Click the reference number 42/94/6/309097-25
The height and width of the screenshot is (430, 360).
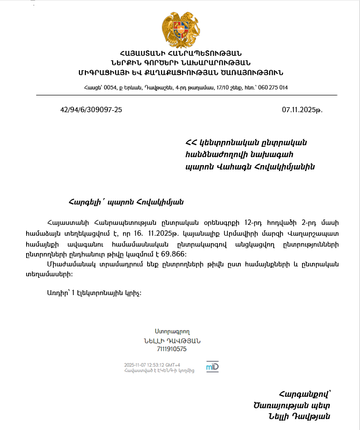[x=91, y=110]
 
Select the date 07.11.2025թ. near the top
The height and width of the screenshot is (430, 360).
[x=302, y=110]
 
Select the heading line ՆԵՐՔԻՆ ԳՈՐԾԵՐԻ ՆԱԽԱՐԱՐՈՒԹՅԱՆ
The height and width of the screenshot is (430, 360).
[x=180, y=63]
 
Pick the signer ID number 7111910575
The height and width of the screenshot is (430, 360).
[x=171, y=349]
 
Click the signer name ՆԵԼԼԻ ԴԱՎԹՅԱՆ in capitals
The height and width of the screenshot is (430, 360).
[x=171, y=341]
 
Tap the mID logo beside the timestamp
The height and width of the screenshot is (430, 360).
[x=212, y=367]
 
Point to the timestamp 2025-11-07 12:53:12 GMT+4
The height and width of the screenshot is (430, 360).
[x=152, y=365]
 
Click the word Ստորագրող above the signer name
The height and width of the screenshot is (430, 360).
[x=171, y=332]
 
